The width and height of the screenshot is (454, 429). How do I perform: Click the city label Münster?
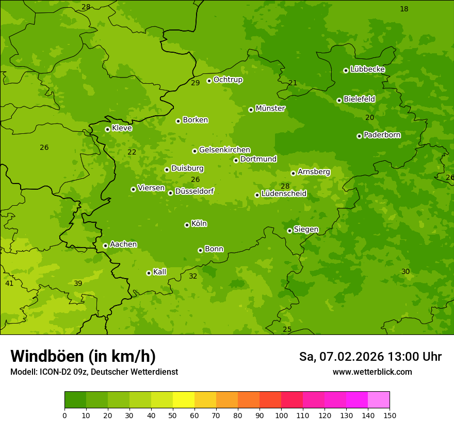click(x=270, y=109)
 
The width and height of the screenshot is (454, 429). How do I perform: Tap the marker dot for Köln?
click(x=187, y=225)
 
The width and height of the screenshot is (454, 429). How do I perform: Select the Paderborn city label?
click(x=382, y=135)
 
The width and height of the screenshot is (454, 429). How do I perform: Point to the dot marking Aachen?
click(x=105, y=246)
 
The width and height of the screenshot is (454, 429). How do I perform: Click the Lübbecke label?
click(x=367, y=69)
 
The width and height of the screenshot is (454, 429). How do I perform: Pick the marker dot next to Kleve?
click(x=107, y=129)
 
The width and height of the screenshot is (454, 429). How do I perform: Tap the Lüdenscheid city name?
click(x=284, y=194)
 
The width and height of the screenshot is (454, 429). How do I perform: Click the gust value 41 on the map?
click(x=9, y=283)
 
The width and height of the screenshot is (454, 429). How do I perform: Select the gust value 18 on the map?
click(x=404, y=9)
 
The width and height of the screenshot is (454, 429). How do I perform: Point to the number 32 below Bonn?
click(x=193, y=276)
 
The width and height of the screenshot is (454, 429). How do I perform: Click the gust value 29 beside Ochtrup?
click(x=195, y=83)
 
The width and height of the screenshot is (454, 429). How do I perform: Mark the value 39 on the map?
click(x=78, y=283)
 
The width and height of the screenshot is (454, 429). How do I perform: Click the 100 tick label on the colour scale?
click(x=281, y=416)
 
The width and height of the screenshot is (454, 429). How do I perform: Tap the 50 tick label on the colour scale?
click(x=173, y=416)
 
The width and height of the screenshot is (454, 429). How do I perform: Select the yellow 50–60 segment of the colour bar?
click(x=184, y=400)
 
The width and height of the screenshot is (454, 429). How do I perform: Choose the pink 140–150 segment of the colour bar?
click(x=379, y=400)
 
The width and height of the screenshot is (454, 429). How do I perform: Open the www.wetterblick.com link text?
click(x=372, y=372)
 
